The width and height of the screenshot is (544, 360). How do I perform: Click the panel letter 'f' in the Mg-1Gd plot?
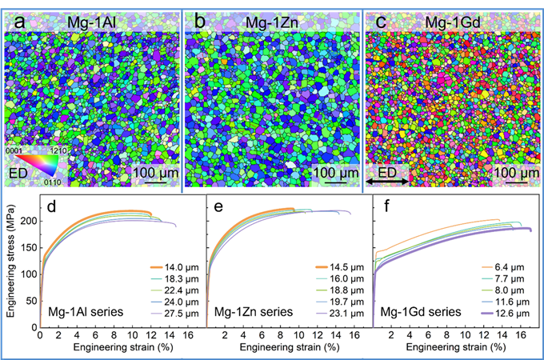386,214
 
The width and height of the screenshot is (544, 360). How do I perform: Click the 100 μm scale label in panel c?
514,174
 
